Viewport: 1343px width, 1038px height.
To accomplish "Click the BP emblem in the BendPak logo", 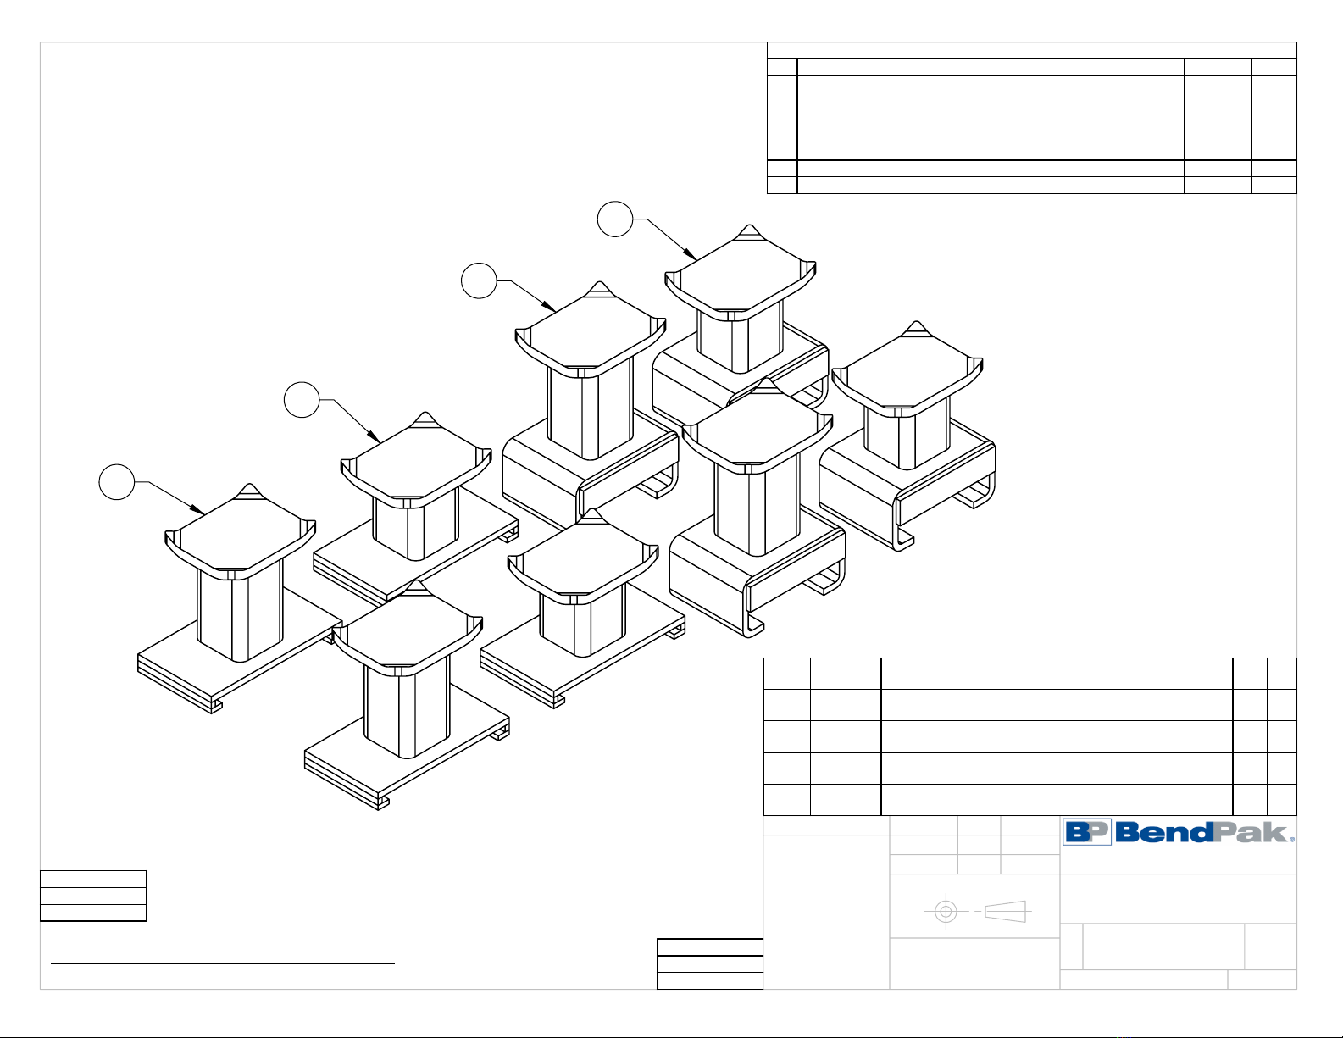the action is [1087, 832].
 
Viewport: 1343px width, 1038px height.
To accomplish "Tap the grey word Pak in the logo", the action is [1251, 832].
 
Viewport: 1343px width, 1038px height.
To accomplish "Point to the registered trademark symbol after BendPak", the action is [1292, 839].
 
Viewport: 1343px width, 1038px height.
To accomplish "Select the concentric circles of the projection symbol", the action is [946, 912].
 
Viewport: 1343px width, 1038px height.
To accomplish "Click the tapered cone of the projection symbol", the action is [1006, 912].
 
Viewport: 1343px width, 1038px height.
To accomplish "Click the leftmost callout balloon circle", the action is [117, 481].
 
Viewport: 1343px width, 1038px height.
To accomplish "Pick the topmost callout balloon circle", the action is [615, 219].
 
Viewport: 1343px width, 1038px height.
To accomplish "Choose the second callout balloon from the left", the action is [302, 400].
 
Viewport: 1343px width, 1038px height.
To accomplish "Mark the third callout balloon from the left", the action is [479, 280].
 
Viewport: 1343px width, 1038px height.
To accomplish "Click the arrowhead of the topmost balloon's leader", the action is [694, 257].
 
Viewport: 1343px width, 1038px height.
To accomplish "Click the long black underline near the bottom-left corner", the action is [223, 963].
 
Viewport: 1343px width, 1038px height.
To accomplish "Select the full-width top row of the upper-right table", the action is [1031, 51].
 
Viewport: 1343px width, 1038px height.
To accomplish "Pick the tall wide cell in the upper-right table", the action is [952, 118].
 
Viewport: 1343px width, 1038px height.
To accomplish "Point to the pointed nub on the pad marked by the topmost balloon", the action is [749, 231].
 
